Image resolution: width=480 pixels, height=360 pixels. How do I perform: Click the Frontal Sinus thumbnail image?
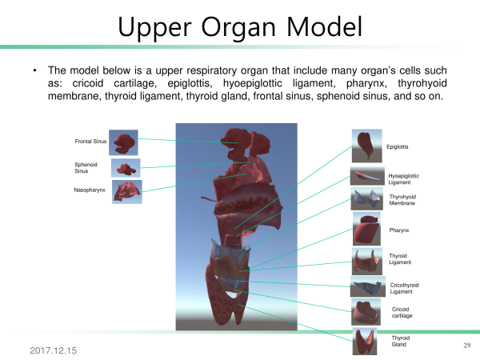[123, 142]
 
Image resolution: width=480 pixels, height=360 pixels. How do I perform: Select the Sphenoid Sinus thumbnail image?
[126, 168]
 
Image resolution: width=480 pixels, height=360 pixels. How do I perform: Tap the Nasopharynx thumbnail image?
[127, 192]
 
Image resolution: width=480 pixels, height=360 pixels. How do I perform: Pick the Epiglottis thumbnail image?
[366, 146]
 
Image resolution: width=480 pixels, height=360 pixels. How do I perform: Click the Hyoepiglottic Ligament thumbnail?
[367, 176]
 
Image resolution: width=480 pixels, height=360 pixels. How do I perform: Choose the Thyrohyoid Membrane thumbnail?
[366, 199]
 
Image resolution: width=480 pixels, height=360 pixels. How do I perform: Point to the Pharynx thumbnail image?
[366, 229]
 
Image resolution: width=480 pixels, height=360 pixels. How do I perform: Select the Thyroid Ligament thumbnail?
[367, 262]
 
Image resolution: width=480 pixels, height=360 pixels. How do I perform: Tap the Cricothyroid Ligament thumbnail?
[368, 286]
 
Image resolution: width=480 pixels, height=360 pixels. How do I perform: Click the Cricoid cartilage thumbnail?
[366, 312]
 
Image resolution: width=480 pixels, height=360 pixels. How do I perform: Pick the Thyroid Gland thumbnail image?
[365, 342]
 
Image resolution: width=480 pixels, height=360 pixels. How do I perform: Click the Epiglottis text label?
[398, 147]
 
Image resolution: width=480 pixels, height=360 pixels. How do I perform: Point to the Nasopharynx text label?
[90, 190]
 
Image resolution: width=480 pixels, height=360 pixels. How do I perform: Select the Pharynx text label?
[399, 230]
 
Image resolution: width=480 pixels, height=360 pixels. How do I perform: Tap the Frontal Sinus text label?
[90, 142]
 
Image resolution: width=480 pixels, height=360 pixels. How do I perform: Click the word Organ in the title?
[238, 28]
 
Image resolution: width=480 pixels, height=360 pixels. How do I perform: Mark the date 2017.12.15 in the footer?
[54, 350]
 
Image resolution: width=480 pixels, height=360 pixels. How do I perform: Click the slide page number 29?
[467, 346]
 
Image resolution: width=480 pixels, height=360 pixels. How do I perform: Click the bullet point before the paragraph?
[35, 70]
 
